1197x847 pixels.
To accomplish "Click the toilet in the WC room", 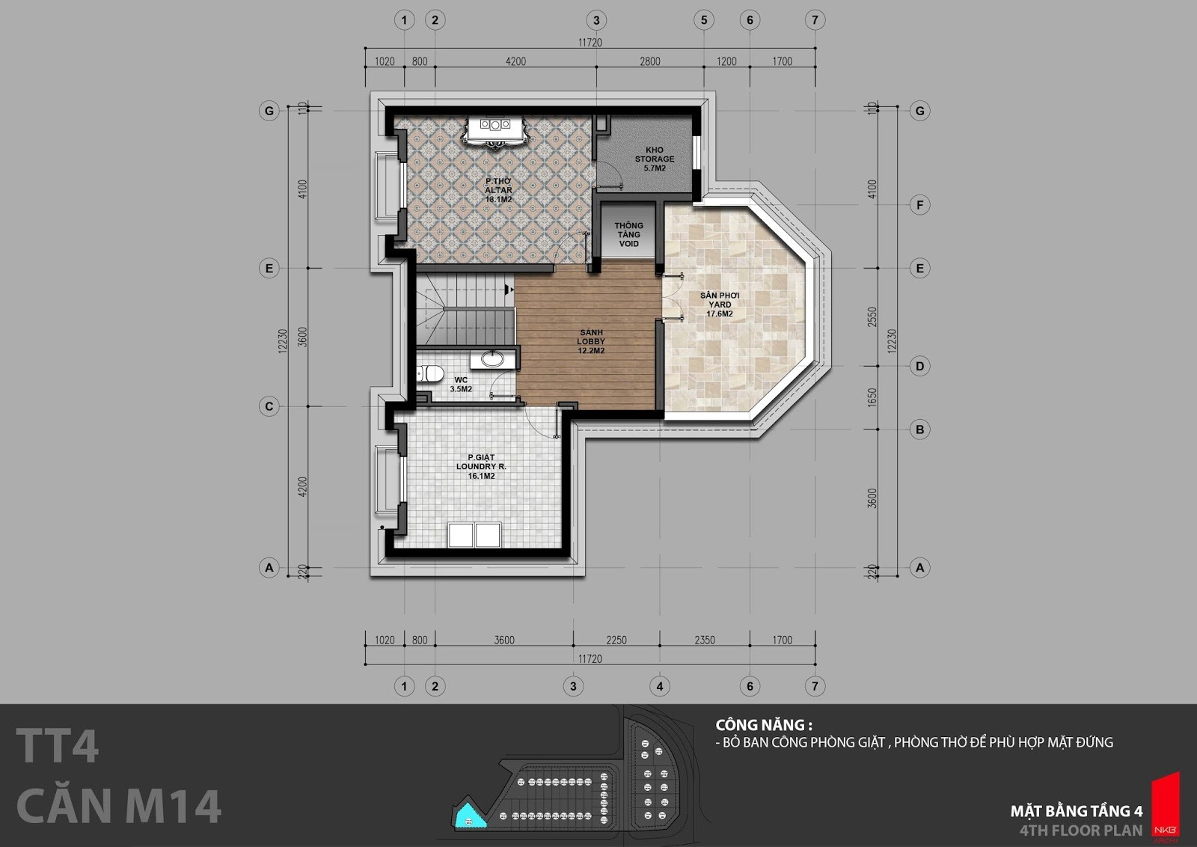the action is pos(430,373).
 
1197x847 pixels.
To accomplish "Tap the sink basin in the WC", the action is pos(492,358).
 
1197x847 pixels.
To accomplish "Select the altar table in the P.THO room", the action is pos(495,131).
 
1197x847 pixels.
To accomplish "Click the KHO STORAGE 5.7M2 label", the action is pos(654,159).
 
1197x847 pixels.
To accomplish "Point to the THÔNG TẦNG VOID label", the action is pos(628,235).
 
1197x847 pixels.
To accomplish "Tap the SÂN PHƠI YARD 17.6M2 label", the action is pos(720,305).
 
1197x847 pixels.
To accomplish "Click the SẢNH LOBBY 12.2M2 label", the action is pos(591,341).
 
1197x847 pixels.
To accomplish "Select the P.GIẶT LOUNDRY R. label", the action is pos(481,462).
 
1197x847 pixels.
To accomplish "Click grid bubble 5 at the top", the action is pos(704,20).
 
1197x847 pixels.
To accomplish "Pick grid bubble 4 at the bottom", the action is pos(659,686).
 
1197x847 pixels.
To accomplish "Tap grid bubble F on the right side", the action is pos(919,205).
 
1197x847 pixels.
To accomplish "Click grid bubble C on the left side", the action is pos(269,406).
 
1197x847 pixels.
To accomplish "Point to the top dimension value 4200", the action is pos(515,61).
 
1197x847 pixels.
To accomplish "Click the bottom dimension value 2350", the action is pos(704,640).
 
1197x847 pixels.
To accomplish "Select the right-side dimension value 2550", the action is pos(872,317).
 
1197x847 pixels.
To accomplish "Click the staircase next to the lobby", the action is pos(465,310).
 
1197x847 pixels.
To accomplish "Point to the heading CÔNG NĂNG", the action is pos(764,725).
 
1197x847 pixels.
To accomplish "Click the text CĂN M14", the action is pos(119,806).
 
